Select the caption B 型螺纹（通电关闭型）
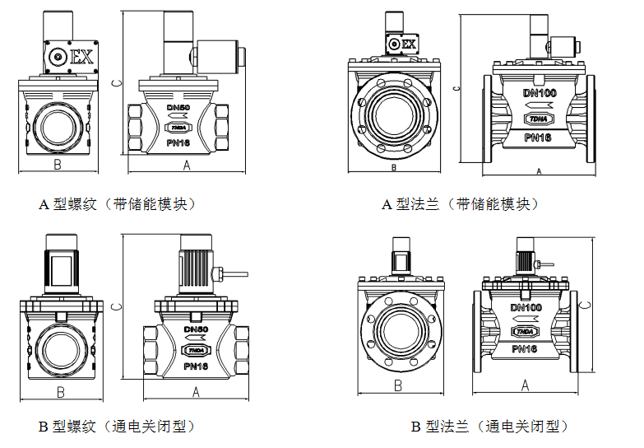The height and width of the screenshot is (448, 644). point(118,427)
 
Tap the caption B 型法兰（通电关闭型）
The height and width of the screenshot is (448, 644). point(489,427)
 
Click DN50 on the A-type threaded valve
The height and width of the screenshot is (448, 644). point(178,108)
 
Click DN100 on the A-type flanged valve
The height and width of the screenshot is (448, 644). point(540,92)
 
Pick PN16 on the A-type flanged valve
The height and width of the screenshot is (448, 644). point(539,137)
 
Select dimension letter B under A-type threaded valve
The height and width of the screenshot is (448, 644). point(57,166)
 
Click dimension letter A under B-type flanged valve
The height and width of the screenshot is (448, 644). point(524,385)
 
